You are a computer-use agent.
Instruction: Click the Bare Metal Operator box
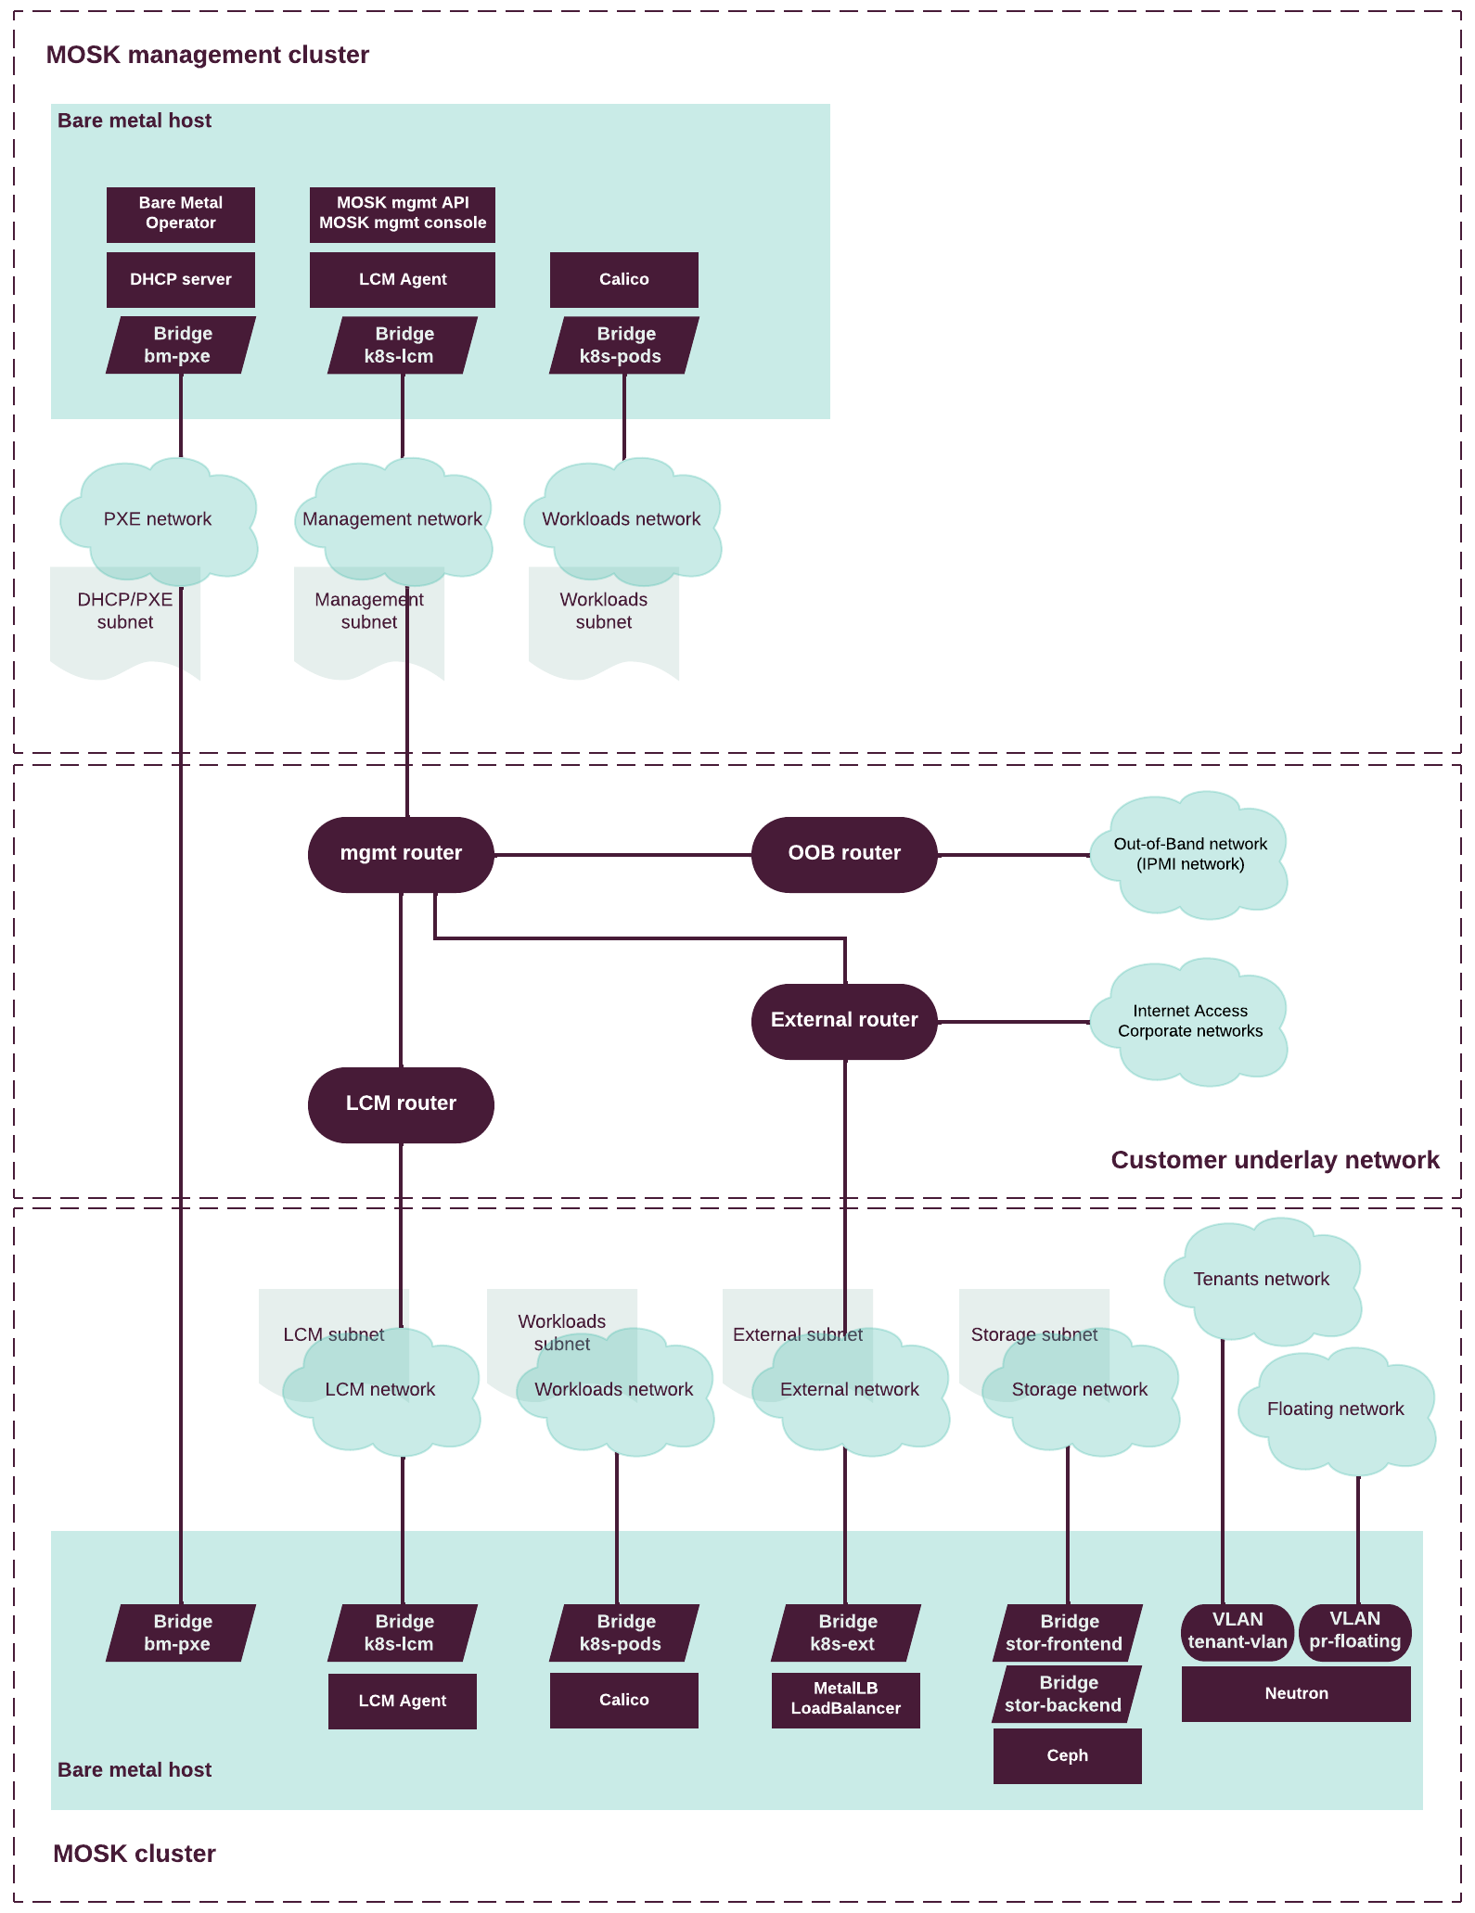(x=181, y=214)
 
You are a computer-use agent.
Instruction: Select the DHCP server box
(x=181, y=279)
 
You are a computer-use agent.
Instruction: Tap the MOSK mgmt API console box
(x=403, y=214)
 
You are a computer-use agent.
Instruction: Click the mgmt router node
(x=401, y=854)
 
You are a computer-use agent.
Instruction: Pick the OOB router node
(x=844, y=854)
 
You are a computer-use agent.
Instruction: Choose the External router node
(x=844, y=1021)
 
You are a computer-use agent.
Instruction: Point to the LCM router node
(x=401, y=1104)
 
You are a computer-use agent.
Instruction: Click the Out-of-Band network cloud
(x=1190, y=855)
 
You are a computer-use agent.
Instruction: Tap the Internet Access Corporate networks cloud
(x=1190, y=1022)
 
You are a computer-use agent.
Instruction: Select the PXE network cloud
(x=158, y=520)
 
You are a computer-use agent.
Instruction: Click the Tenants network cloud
(x=1262, y=1281)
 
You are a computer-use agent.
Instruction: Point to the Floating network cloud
(x=1336, y=1410)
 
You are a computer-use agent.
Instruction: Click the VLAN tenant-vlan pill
(x=1238, y=1632)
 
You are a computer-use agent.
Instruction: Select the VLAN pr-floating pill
(x=1355, y=1632)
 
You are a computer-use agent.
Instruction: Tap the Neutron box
(x=1296, y=1694)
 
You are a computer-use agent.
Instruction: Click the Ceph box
(x=1067, y=1756)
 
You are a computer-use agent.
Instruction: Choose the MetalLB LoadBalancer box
(x=845, y=1700)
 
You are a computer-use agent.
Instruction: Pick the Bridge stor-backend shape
(x=1067, y=1694)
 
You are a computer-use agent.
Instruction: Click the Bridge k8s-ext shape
(x=845, y=1633)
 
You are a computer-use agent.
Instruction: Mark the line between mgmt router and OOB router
(x=622, y=854)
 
